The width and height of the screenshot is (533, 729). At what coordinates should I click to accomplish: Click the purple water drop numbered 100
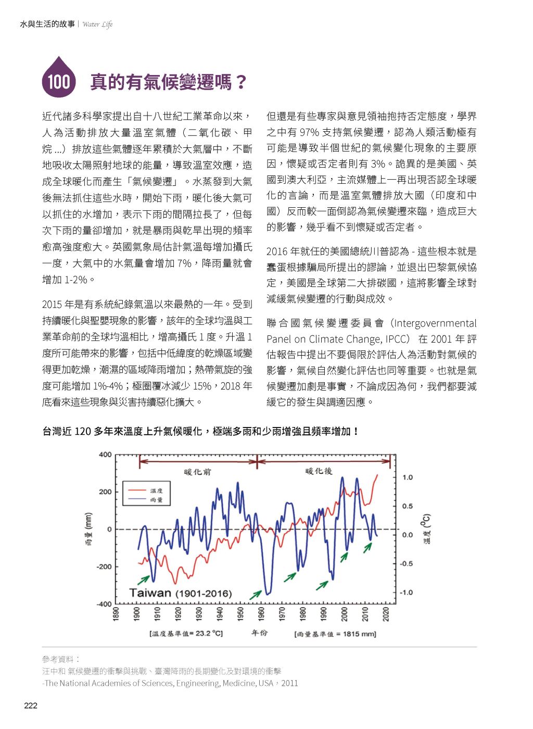click(x=59, y=79)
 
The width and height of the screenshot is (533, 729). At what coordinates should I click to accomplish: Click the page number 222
click(x=31, y=706)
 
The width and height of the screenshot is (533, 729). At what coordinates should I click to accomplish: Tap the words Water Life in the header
click(x=97, y=24)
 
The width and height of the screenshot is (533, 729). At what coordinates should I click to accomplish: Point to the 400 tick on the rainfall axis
click(x=105, y=455)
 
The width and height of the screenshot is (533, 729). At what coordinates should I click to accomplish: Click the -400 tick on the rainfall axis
click(x=104, y=604)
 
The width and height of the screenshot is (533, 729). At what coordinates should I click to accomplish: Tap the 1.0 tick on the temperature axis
click(x=408, y=477)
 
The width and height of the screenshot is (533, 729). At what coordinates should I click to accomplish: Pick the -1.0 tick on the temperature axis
click(x=406, y=593)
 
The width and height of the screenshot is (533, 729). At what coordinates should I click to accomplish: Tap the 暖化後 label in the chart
click(x=319, y=471)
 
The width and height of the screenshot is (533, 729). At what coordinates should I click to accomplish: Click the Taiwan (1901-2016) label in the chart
click(x=180, y=593)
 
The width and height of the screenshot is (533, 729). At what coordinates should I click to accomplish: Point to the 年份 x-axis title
click(x=259, y=633)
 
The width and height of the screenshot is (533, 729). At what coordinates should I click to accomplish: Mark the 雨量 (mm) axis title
click(x=88, y=529)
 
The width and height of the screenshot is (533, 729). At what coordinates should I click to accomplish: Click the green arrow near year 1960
click(x=255, y=595)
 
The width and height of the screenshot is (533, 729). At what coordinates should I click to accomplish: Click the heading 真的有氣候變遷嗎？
click(x=168, y=82)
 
